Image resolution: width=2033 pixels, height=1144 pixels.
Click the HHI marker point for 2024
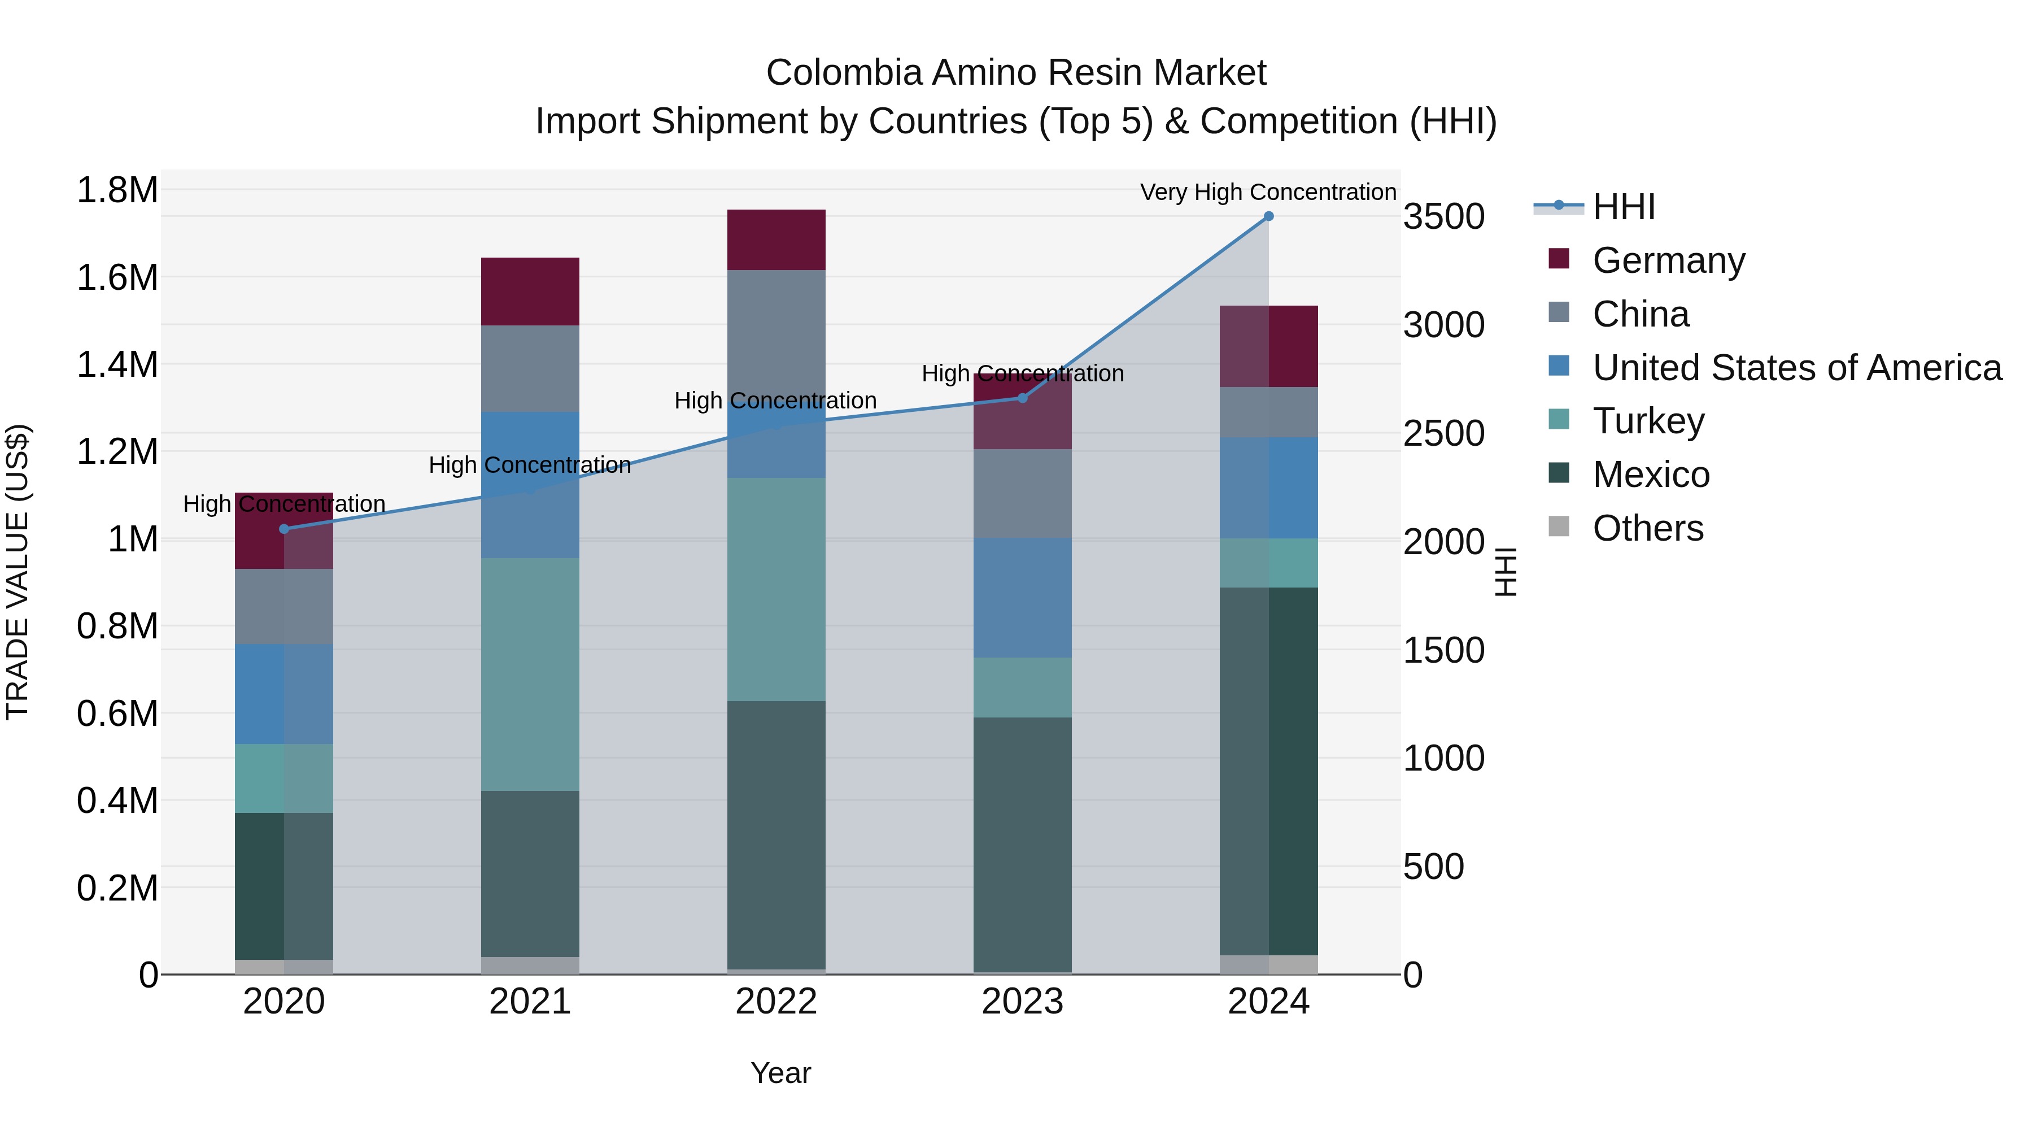point(1268,216)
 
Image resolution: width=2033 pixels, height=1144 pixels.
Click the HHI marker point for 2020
point(284,529)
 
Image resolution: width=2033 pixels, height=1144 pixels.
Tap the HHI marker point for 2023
point(1023,398)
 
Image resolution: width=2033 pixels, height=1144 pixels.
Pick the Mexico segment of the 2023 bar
point(1023,845)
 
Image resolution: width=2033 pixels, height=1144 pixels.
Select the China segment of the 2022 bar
point(776,332)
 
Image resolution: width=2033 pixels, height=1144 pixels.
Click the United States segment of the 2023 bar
point(1023,598)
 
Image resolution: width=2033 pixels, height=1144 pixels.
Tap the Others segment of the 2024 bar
point(1268,965)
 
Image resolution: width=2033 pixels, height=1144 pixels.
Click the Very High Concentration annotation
point(1268,192)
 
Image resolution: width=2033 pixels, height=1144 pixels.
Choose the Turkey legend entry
point(1648,421)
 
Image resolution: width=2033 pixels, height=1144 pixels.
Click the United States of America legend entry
point(1796,368)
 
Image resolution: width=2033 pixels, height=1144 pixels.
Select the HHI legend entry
point(1624,207)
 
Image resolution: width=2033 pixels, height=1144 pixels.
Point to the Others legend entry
point(1647,528)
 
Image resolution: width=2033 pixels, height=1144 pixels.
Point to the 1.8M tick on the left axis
point(117,190)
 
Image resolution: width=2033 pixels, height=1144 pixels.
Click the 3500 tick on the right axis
point(1444,217)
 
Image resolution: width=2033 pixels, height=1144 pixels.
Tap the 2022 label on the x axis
point(776,1002)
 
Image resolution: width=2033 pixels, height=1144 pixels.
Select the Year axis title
point(780,1073)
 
